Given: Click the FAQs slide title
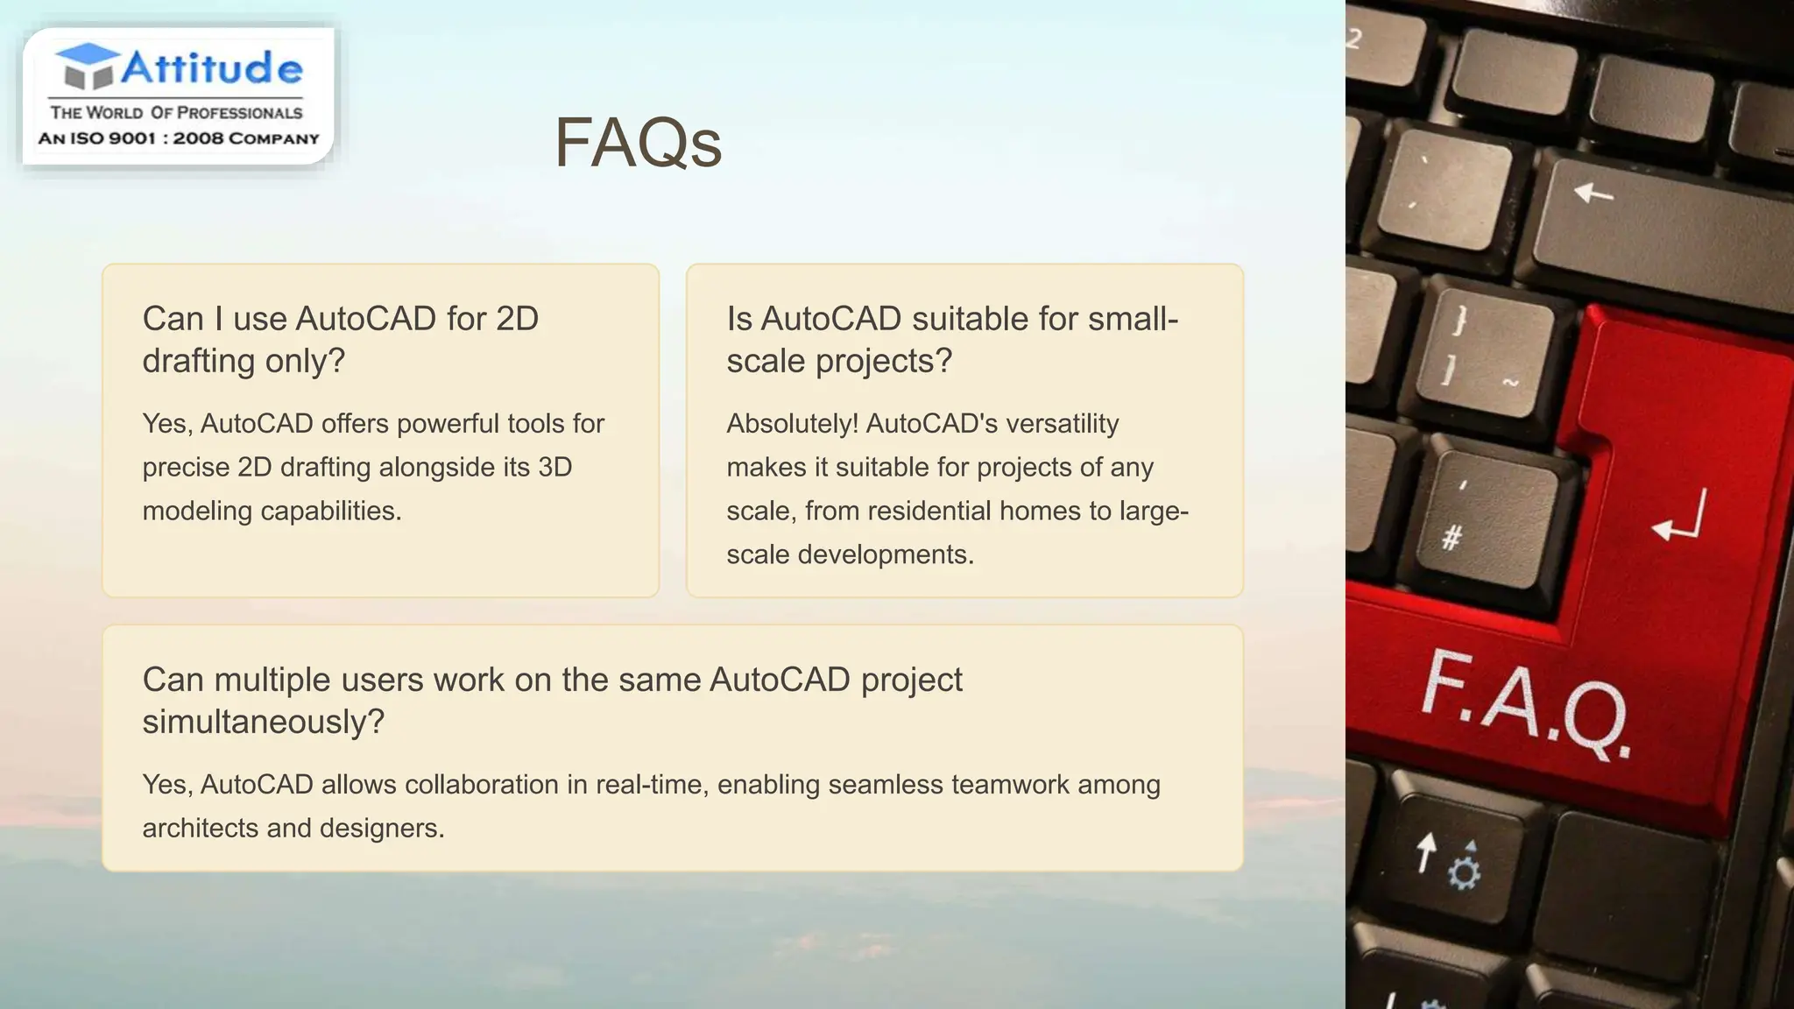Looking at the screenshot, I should [x=638, y=143].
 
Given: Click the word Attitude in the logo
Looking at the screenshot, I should [x=212, y=67].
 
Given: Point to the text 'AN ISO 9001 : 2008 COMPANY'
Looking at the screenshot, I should [x=179, y=138].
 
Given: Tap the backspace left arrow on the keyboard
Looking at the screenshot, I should [x=1593, y=192].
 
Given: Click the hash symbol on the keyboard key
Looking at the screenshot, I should [x=1451, y=536].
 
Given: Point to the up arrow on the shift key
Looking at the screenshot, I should [x=1426, y=852].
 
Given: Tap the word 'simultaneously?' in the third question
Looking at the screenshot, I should [x=264, y=722].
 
